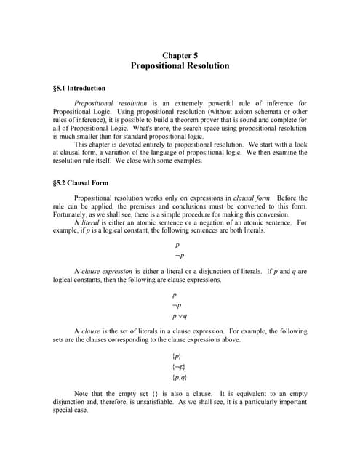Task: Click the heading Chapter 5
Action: pos(180,55)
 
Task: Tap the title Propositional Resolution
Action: pos(180,66)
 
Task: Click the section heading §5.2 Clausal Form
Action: pos(81,182)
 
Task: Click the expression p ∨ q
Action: pos(180,316)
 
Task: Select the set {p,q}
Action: pos(180,378)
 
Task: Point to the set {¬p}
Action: pos(180,367)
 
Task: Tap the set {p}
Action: pos(177,356)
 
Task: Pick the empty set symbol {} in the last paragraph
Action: pos(157,394)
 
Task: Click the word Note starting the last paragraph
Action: pos(82,394)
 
